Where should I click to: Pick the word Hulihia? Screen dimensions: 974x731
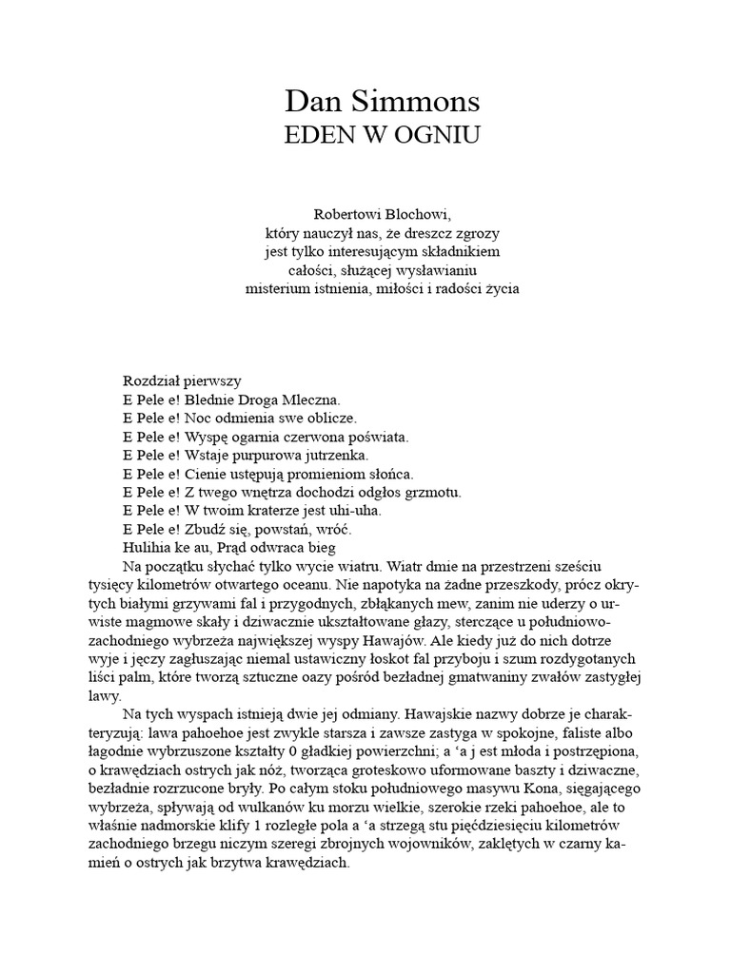(150, 548)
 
